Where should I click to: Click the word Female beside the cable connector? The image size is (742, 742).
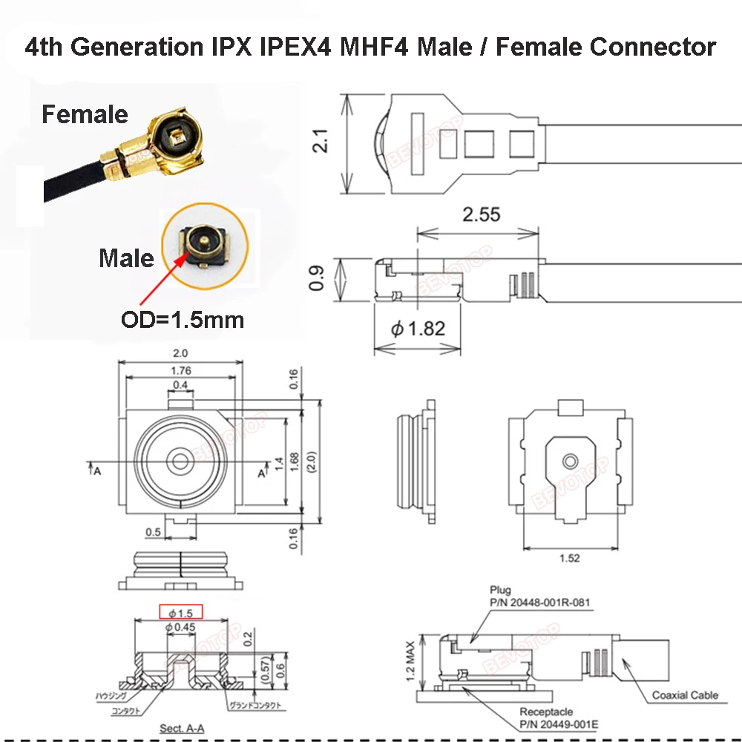pos(85,115)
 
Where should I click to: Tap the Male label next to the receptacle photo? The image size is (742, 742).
pos(126,258)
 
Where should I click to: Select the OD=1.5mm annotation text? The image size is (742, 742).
pos(182,321)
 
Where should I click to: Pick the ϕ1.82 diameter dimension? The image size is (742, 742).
pos(418,328)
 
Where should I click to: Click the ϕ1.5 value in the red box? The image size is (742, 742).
pos(181,613)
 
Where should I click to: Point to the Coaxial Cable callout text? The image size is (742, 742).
pos(685,695)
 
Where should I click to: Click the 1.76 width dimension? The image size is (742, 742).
pos(180,370)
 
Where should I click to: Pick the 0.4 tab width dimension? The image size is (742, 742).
pos(180,384)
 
